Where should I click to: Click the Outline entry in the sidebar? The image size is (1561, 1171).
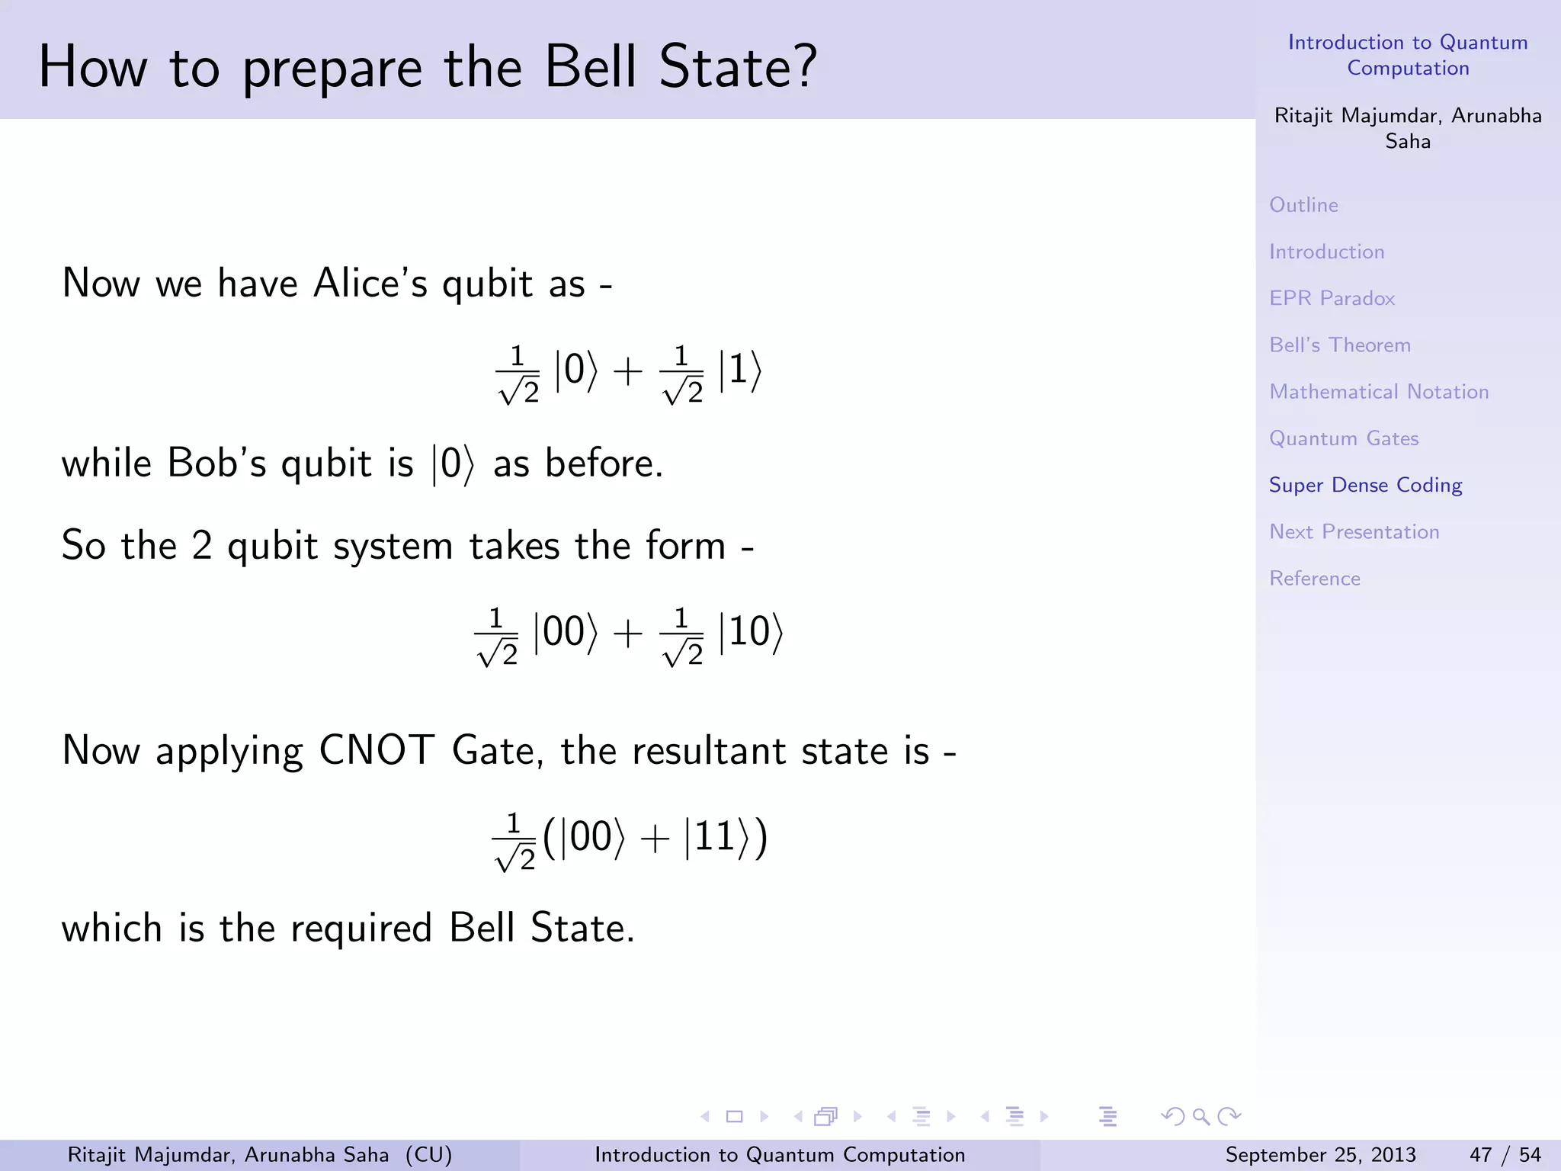1303,205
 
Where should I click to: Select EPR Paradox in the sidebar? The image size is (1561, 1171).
1332,298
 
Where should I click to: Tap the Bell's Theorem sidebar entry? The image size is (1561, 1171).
1339,345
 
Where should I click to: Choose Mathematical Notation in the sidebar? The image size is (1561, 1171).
1378,392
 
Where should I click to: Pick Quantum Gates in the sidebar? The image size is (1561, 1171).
1343,438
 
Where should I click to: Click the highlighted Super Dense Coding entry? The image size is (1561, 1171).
1365,485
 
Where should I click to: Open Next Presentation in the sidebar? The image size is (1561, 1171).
1354,531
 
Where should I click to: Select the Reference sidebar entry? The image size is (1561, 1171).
1314,578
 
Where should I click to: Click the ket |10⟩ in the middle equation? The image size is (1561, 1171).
751,633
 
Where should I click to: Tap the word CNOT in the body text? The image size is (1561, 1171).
377,750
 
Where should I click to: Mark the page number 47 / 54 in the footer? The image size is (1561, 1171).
1505,1155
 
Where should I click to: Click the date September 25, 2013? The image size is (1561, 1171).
1320,1155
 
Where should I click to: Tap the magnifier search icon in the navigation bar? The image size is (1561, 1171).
1201,1117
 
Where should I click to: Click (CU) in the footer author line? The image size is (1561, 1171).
428,1155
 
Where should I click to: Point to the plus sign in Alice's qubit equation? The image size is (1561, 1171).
628,373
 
